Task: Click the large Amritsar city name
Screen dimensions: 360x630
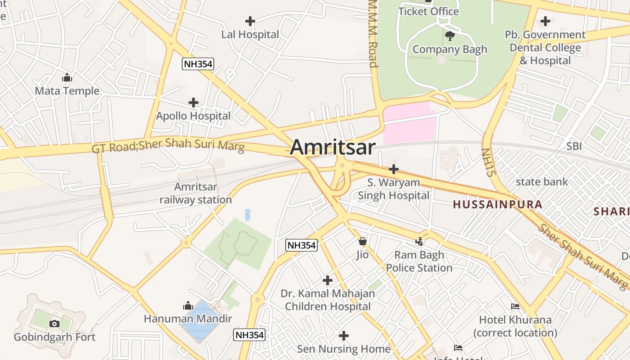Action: (x=333, y=148)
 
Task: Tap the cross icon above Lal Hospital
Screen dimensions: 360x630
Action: (x=250, y=21)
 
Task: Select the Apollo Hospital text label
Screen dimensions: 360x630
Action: (x=193, y=116)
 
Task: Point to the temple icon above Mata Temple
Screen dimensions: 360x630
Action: (x=67, y=78)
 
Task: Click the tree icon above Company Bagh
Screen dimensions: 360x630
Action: (x=449, y=36)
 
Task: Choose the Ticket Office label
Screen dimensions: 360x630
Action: (x=428, y=12)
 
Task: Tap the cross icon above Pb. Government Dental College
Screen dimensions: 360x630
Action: (x=545, y=21)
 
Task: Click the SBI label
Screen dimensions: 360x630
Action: (x=574, y=146)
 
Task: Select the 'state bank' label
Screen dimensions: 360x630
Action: (x=542, y=182)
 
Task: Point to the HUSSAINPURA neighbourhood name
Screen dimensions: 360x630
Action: (x=497, y=205)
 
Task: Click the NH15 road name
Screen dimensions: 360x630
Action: (x=488, y=162)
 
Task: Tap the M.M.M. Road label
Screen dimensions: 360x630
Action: (x=373, y=34)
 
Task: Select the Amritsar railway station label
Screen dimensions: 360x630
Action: (x=196, y=193)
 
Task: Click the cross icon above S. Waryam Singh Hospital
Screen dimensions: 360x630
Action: (x=394, y=169)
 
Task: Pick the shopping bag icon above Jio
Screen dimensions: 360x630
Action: (x=363, y=242)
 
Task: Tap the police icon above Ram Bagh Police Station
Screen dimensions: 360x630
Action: (x=419, y=242)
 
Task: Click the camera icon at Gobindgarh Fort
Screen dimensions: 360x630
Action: (x=54, y=324)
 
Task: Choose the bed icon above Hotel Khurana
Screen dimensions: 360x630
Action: (x=515, y=306)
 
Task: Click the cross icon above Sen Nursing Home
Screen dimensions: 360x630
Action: (x=344, y=336)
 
